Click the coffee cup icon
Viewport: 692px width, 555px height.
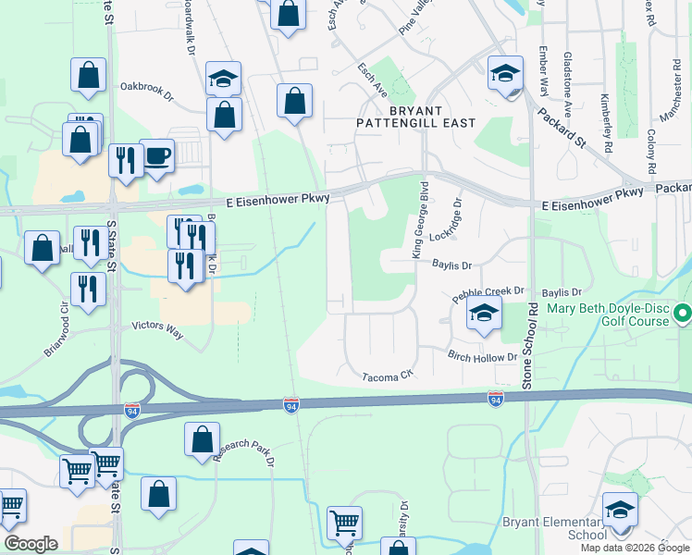click(156, 155)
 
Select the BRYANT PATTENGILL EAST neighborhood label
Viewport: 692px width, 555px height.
click(418, 117)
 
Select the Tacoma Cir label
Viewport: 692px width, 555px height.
click(386, 376)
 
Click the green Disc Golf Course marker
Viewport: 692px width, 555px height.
click(683, 314)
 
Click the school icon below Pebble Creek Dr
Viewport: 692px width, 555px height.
click(483, 314)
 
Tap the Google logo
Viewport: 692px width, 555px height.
click(31, 543)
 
